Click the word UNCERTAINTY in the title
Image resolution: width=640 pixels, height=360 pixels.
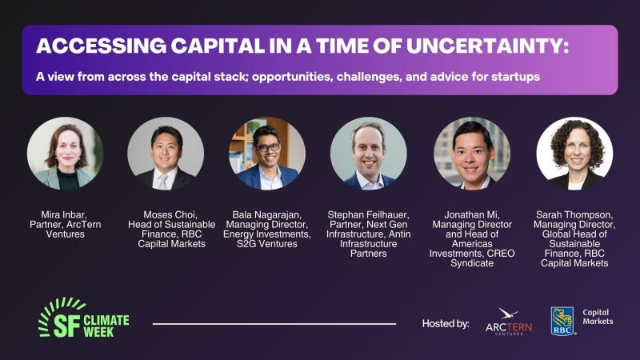tap(485, 46)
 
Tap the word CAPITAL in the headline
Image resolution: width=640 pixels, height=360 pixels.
tap(218, 46)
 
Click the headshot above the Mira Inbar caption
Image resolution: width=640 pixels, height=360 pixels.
tap(66, 154)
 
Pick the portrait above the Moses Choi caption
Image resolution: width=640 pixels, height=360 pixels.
tap(166, 154)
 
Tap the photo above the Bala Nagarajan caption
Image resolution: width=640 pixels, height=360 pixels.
tap(267, 154)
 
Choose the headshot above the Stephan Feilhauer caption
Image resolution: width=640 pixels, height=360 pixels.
tap(369, 154)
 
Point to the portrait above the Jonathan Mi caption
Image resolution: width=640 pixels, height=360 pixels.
tap(472, 154)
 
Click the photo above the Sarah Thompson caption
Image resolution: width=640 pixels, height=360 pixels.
tap(574, 154)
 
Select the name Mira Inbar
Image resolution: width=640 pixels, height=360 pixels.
tap(64, 214)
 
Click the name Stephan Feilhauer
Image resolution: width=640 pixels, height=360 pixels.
tap(368, 214)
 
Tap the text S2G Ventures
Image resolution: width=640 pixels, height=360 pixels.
tap(267, 244)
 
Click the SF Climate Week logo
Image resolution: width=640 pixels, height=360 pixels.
tap(84, 318)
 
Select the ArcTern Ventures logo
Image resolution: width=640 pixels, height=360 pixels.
tap(509, 322)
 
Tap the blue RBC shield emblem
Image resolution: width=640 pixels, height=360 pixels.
tap(562, 322)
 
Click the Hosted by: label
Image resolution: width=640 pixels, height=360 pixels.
tap(446, 324)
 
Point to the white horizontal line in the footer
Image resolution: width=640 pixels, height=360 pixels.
tap(274, 324)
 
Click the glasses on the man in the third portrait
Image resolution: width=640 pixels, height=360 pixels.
tap(267, 147)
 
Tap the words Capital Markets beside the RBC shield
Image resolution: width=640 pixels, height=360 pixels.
tap(598, 317)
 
